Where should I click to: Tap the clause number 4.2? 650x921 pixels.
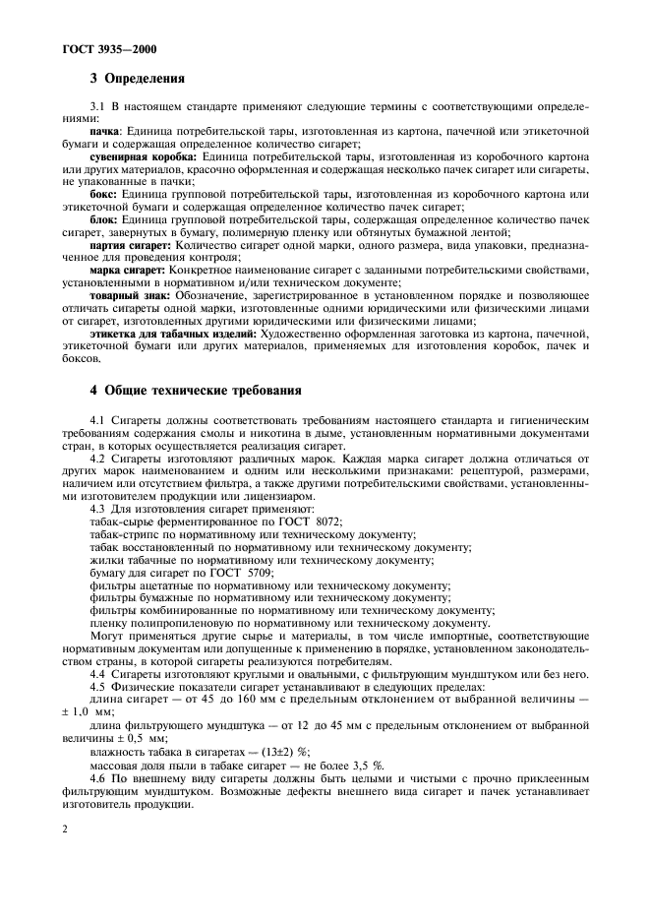pos(96,459)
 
